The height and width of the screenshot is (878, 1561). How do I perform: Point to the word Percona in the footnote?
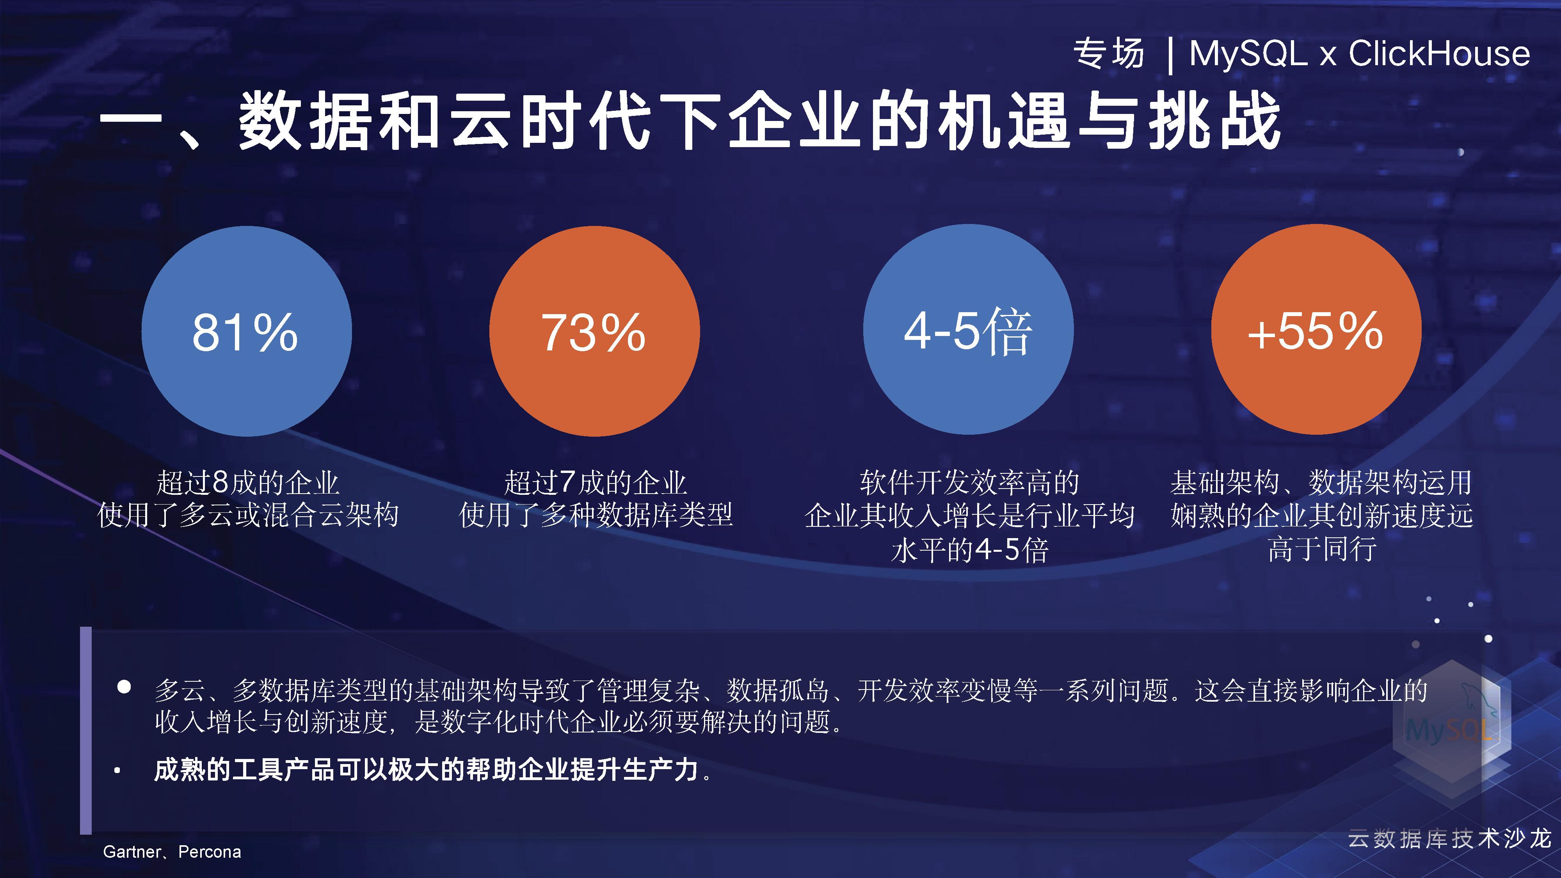coord(210,852)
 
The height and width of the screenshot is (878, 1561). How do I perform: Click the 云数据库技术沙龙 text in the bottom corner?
coord(1449,839)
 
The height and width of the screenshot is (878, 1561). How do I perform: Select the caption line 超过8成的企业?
coord(247,483)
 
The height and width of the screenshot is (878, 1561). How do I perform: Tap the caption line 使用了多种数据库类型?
coord(596,515)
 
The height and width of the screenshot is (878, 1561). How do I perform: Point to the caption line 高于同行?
coord(1322,549)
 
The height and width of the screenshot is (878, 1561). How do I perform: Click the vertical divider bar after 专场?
coord(1170,55)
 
